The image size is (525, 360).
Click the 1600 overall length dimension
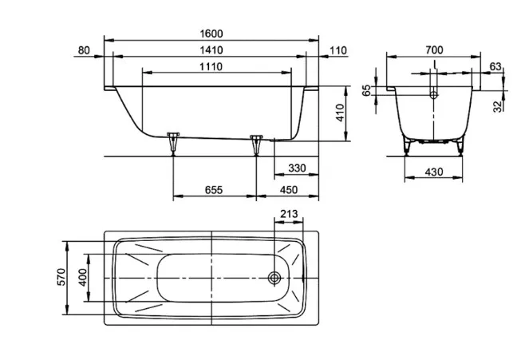(x=211, y=34)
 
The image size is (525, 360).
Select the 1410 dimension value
(x=211, y=50)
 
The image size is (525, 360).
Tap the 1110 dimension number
(x=211, y=66)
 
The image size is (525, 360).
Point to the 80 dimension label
(x=84, y=50)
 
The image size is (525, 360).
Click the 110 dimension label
(x=338, y=50)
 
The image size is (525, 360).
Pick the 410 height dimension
(x=340, y=113)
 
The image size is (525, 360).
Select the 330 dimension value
(x=297, y=168)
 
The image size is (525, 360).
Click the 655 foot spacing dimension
(x=214, y=190)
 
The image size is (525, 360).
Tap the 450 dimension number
(x=289, y=190)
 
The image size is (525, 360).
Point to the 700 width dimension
(x=434, y=50)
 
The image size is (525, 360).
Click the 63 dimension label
(x=495, y=66)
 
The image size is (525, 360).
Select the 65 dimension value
(x=367, y=90)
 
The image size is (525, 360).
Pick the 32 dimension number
(x=498, y=106)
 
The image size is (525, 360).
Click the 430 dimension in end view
(x=434, y=172)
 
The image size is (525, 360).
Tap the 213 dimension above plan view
(x=289, y=214)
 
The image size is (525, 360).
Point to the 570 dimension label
(x=62, y=277)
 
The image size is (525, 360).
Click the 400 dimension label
(x=83, y=277)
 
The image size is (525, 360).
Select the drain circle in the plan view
(x=274, y=278)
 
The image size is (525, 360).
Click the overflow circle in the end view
(x=434, y=95)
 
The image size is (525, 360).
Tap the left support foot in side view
(x=173, y=144)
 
